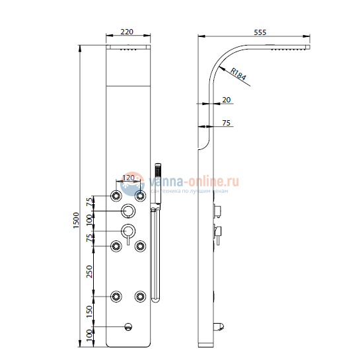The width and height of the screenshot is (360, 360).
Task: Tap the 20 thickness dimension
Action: [227, 99]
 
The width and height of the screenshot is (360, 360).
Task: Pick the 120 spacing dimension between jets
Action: [127, 178]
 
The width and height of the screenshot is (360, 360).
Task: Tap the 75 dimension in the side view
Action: [226, 123]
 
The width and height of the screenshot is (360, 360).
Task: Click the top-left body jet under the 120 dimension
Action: [116, 196]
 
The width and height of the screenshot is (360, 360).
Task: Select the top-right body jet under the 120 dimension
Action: [140, 196]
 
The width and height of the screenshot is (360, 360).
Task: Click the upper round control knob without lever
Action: [127, 211]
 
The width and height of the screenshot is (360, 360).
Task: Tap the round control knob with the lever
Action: [127, 232]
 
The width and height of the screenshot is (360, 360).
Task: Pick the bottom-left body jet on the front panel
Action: [116, 296]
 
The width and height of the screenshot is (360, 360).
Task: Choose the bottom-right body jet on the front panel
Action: [140, 296]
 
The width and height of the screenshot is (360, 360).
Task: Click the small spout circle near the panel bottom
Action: [128, 326]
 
